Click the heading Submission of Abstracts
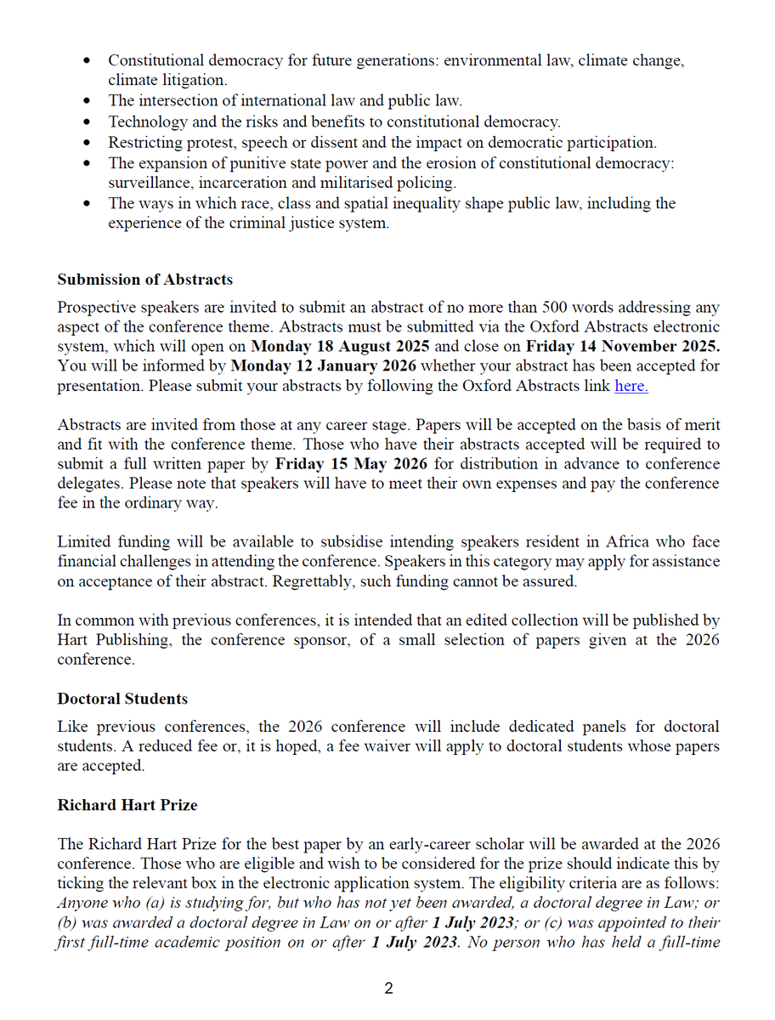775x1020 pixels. point(144,280)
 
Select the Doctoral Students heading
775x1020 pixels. point(122,698)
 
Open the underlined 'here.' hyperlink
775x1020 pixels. point(631,386)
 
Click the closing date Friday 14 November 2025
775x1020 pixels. point(623,347)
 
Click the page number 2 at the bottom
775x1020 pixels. point(388,989)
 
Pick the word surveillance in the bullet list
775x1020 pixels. point(144,183)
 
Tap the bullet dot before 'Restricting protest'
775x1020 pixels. point(90,143)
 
